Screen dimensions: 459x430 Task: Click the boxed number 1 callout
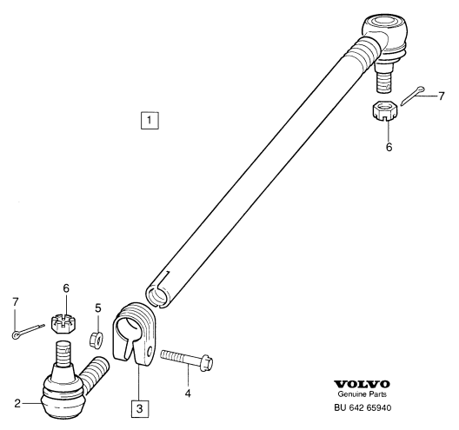click(x=150, y=120)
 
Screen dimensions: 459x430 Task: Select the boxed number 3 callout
click(x=140, y=408)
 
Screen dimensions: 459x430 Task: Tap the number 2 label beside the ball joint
click(x=17, y=403)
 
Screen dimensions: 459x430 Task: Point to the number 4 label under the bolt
click(x=188, y=394)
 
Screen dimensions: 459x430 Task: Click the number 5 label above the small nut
click(x=98, y=308)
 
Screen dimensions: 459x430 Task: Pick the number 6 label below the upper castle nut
click(x=389, y=147)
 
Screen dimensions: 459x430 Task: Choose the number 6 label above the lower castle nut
click(x=66, y=288)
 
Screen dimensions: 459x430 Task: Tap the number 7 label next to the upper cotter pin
click(x=441, y=96)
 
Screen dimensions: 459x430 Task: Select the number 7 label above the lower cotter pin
click(x=16, y=301)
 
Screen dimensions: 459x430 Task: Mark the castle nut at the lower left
click(x=64, y=323)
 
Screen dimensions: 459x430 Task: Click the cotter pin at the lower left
click(x=29, y=331)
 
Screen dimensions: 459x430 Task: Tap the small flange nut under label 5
click(x=96, y=340)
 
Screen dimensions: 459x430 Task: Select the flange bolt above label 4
click(x=187, y=359)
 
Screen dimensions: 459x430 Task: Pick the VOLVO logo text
click(x=363, y=384)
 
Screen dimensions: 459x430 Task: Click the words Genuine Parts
click(x=363, y=394)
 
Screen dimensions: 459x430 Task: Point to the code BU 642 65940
click(x=363, y=407)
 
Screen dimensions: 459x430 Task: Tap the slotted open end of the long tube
click(x=157, y=294)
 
